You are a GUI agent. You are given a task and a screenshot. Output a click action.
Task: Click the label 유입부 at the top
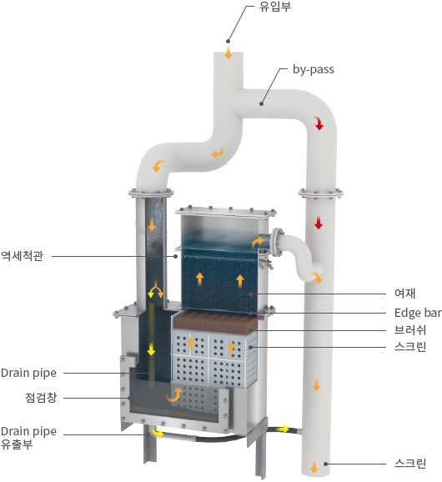click(x=274, y=7)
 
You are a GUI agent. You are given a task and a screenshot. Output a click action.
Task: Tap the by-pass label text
click(x=314, y=69)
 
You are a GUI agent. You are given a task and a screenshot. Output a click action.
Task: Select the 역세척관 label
click(x=23, y=256)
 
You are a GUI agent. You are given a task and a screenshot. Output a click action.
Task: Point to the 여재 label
click(x=404, y=294)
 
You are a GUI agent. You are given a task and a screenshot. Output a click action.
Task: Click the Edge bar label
click(x=418, y=313)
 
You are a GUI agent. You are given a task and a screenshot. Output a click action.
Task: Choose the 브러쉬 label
click(x=410, y=330)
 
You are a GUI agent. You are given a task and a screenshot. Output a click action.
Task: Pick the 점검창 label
click(x=41, y=398)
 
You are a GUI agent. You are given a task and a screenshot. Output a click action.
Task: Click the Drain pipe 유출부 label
click(x=28, y=438)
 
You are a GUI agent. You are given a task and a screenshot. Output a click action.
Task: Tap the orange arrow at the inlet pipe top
click(x=228, y=53)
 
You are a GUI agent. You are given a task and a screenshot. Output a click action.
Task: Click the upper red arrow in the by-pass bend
click(x=319, y=123)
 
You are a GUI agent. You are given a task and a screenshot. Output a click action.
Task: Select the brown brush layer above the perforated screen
click(x=215, y=322)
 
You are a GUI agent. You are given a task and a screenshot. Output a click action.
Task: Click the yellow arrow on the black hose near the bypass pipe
click(x=284, y=429)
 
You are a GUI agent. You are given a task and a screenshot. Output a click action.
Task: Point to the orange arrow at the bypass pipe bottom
click(x=314, y=467)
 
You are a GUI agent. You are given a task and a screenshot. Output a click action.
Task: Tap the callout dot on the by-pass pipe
click(x=261, y=104)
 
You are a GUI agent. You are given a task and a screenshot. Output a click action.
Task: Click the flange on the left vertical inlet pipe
click(x=151, y=193)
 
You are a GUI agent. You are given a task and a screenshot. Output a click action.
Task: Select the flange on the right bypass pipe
click(x=320, y=193)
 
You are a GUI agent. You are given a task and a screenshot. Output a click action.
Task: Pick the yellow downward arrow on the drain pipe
click(x=151, y=349)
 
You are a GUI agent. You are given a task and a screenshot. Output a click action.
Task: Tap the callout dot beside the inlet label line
click(x=228, y=41)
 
